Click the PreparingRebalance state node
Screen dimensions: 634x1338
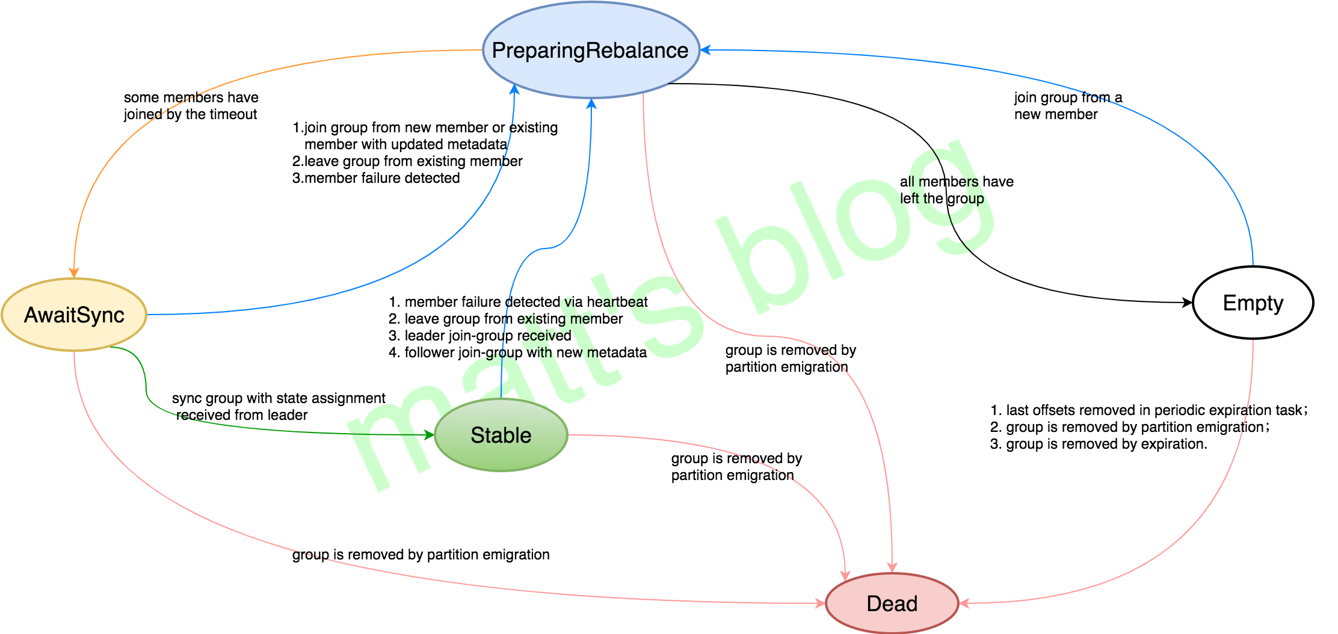pyautogui.click(x=590, y=51)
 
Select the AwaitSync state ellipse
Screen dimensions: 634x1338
pyautogui.click(x=74, y=315)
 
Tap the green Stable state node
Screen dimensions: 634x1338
pyautogui.click(x=501, y=435)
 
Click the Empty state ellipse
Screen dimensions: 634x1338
pyautogui.click(x=1253, y=303)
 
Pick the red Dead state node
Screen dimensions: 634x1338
pyautogui.click(x=892, y=603)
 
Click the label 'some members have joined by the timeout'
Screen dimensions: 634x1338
pyautogui.click(x=191, y=106)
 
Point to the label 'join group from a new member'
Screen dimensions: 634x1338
pyautogui.click(x=1067, y=106)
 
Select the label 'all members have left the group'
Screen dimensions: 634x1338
pyautogui.click(x=956, y=190)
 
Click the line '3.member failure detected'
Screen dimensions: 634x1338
pyautogui.click(x=376, y=178)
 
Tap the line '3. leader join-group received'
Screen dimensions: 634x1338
pyautogui.click(x=479, y=336)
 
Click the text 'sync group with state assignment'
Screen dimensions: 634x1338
pyautogui.click(x=279, y=398)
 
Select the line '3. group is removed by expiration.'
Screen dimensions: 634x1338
pyautogui.click(x=1098, y=444)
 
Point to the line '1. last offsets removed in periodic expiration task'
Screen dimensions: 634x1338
pyautogui.click(x=1148, y=410)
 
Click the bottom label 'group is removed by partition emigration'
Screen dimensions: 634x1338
pyautogui.click(x=421, y=555)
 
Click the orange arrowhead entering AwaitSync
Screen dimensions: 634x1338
pyautogui.click(x=74, y=272)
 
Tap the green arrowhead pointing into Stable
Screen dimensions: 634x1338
pyautogui.click(x=429, y=434)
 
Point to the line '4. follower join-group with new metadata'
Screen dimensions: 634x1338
pyautogui.click(x=517, y=352)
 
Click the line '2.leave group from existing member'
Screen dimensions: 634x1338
pyautogui.click(x=407, y=161)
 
